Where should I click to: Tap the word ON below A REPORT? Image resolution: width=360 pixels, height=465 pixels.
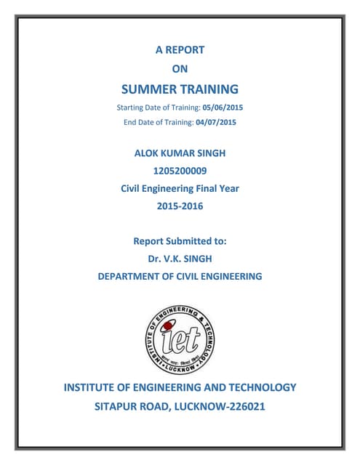[x=180, y=69]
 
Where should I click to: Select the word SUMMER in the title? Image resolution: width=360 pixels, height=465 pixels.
[x=146, y=90]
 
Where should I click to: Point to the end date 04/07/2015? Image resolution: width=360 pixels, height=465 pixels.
[x=217, y=122]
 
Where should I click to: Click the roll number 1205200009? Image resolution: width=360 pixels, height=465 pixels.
[x=180, y=171]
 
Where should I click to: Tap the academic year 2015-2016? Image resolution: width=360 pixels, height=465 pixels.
[x=180, y=206]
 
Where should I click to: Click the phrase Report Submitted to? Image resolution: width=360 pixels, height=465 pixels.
[x=180, y=240]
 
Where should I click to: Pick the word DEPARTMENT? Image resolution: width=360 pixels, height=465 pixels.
[x=132, y=276]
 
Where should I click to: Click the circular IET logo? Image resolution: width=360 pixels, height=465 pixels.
[x=180, y=335]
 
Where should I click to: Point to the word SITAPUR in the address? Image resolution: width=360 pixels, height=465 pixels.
[x=121, y=406]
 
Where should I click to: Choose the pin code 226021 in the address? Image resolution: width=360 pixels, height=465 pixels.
[x=244, y=406]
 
